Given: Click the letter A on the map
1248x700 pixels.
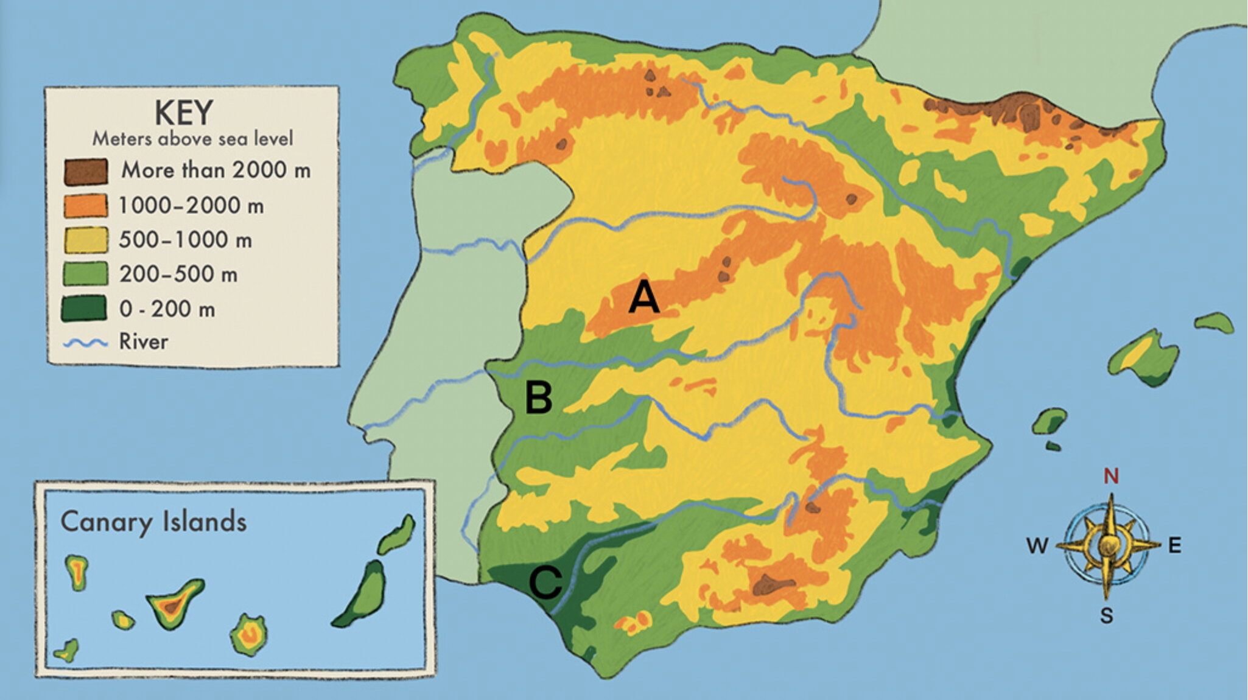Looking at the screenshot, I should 643,298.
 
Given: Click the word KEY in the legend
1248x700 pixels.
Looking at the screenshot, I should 184,113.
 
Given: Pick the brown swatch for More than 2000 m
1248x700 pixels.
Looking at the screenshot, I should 86,171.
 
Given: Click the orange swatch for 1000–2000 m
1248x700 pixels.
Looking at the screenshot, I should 85,206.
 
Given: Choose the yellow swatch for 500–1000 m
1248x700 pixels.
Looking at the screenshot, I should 85,240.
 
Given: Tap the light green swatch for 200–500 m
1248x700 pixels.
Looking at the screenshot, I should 85,274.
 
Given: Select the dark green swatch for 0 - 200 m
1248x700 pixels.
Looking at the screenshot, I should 84,309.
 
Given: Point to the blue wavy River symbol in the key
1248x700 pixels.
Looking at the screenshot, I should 85,343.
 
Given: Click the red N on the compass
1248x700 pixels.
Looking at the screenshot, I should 1111,475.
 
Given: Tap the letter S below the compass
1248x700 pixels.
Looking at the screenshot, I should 1106,616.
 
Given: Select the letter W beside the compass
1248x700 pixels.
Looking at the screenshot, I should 1037,546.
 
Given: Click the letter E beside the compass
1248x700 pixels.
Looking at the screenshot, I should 1174,545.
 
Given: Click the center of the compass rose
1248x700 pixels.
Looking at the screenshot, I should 1107,545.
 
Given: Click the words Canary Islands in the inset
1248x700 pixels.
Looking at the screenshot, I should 153,522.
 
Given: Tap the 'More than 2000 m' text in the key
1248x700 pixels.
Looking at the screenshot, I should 216,170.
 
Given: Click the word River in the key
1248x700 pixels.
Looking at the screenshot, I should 143,341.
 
